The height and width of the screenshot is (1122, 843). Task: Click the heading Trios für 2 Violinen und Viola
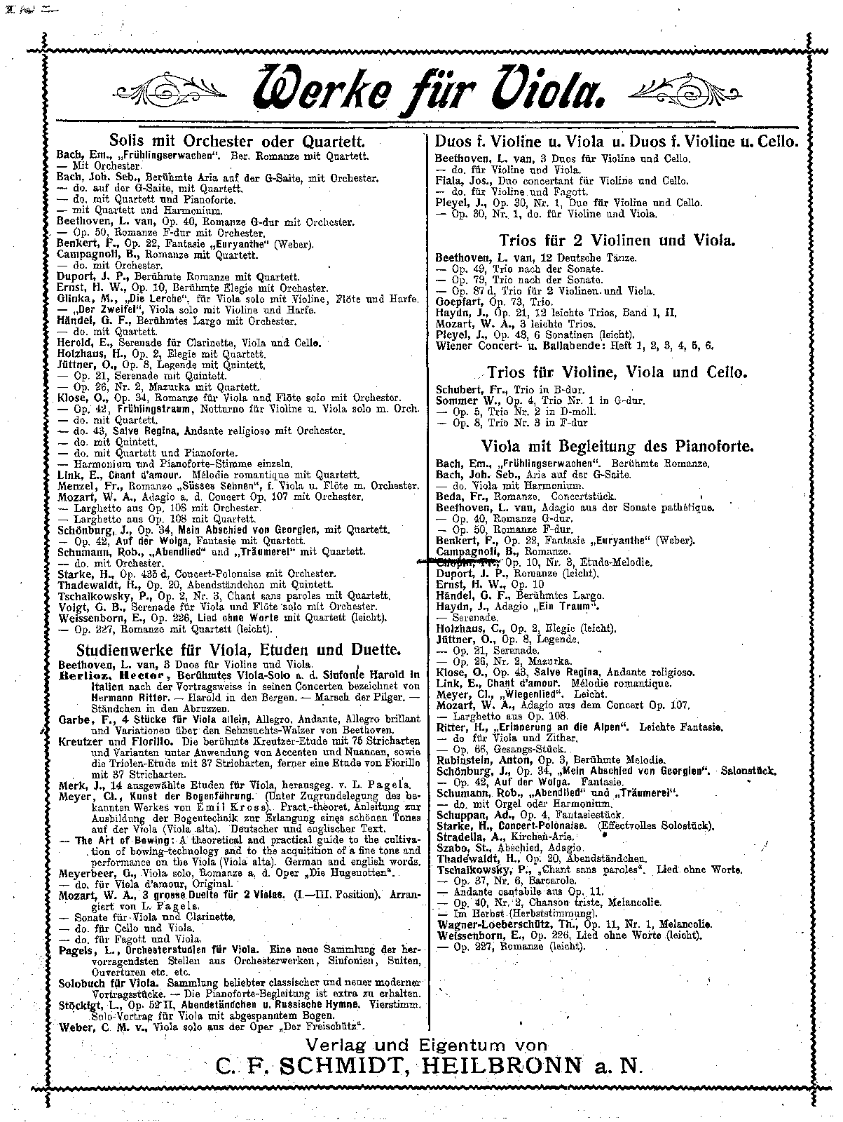point(617,241)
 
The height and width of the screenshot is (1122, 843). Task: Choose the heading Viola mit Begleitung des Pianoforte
point(617,446)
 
